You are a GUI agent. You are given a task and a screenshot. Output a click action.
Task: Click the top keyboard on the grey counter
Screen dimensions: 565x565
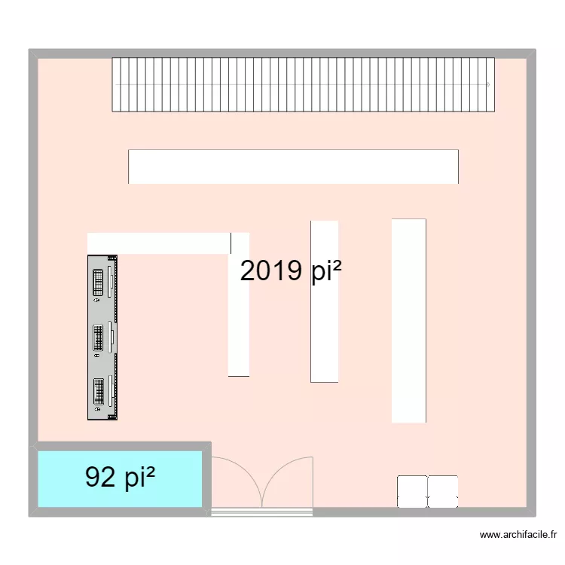99,282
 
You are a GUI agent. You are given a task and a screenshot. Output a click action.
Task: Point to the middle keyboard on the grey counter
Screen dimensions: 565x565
99,338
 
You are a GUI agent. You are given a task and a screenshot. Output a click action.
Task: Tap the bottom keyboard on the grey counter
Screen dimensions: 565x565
99,394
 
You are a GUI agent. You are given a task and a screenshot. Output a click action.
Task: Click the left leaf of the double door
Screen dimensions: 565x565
236,482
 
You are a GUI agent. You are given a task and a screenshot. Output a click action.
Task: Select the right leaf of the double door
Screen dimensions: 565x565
287,482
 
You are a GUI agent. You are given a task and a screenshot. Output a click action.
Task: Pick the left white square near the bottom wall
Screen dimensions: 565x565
412,491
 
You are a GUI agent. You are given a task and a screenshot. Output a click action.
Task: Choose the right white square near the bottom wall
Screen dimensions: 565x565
443,491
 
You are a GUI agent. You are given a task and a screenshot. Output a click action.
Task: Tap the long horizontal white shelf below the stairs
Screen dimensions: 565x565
293,166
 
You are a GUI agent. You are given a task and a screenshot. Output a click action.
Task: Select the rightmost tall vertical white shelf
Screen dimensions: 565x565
408,320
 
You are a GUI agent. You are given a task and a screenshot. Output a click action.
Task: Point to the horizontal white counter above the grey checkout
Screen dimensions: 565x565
158,243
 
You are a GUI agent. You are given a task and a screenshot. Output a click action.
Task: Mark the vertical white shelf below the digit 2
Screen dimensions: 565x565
239,331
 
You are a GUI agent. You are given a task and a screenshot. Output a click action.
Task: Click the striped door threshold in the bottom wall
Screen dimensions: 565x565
261,512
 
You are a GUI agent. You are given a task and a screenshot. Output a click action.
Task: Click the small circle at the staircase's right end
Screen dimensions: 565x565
488,85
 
